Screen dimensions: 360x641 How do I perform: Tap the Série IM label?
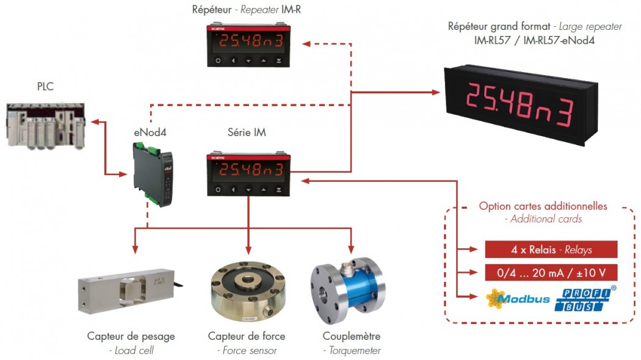click(x=247, y=132)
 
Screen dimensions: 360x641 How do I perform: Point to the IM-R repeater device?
click(x=248, y=44)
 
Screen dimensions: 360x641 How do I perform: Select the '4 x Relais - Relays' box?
click(x=551, y=250)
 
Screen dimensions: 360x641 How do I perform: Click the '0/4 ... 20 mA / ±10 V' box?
click(x=551, y=273)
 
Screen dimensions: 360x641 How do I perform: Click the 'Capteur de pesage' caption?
click(x=131, y=336)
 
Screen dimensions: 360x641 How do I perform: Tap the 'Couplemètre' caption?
click(x=351, y=336)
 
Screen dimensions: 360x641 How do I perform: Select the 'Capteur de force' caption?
click(x=247, y=336)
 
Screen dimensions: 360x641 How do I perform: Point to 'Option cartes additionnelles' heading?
click(x=543, y=206)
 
